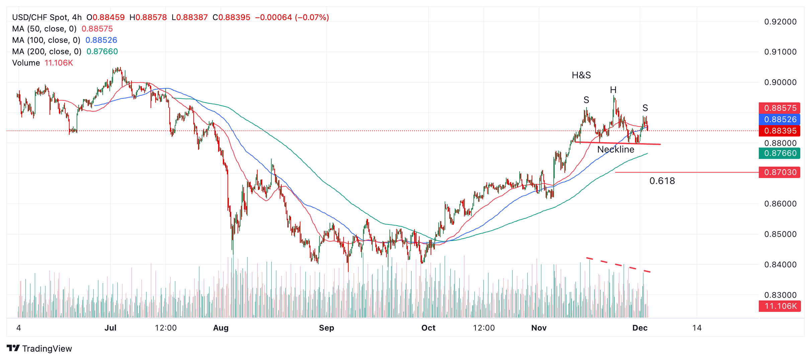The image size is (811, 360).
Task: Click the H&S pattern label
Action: pos(581,75)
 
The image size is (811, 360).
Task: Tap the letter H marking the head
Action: pos(613,90)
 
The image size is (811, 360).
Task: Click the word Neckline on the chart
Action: pos(616,150)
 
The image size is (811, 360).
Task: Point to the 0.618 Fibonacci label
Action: pos(662,181)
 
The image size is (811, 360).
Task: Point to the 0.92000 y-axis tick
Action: pos(780,22)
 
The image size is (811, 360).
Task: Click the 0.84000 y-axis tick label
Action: pos(780,265)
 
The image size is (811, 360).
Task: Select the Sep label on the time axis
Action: pos(326,328)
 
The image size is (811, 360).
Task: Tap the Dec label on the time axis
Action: pos(640,328)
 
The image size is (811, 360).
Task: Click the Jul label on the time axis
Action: pos(110,328)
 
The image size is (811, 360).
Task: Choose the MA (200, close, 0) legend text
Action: pos(47,52)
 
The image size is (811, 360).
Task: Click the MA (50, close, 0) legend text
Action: pos(44,29)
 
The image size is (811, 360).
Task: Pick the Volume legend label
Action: pos(26,63)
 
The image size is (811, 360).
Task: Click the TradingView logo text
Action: pos(47,349)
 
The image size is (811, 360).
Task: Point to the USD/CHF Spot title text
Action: pos(40,17)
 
